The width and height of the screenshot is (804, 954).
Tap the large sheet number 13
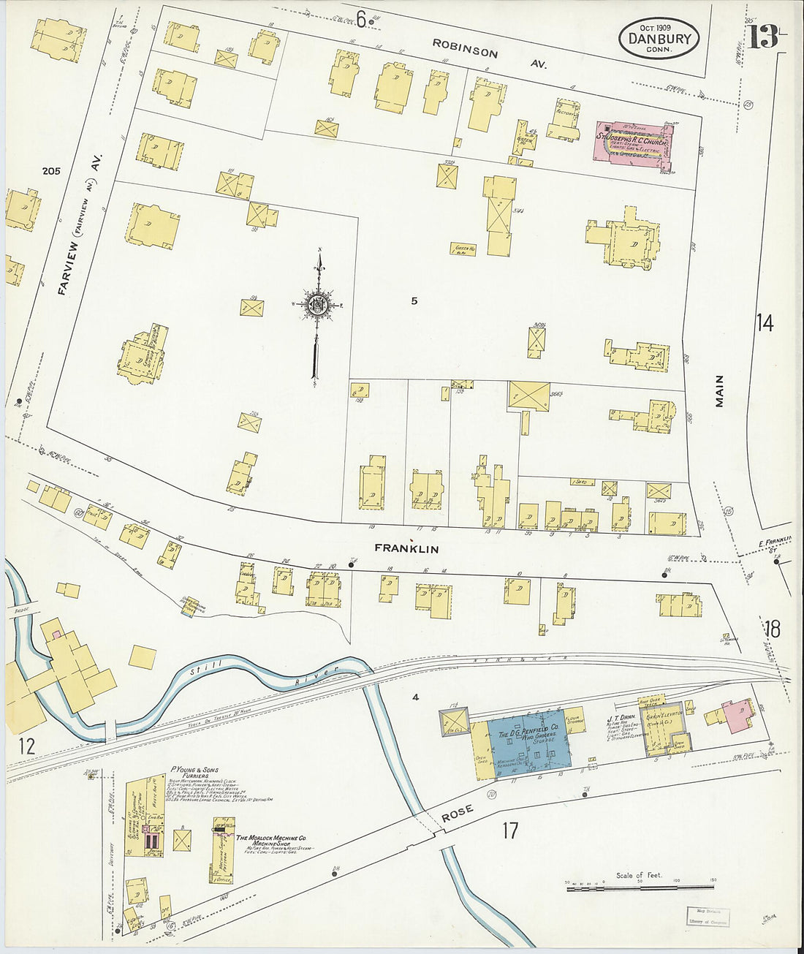(x=762, y=37)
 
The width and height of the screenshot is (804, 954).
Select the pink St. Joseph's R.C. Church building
(x=634, y=143)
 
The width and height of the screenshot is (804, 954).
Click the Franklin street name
(x=406, y=548)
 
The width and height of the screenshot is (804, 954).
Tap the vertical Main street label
(x=719, y=391)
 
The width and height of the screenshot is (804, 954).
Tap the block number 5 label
(x=414, y=300)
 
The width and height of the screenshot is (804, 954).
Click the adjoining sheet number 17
(x=509, y=830)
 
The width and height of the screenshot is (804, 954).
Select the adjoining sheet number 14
(x=765, y=322)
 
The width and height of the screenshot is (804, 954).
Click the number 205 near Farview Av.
(x=51, y=171)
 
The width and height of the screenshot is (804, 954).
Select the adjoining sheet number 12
(x=26, y=746)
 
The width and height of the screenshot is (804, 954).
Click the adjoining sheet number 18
(x=771, y=629)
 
